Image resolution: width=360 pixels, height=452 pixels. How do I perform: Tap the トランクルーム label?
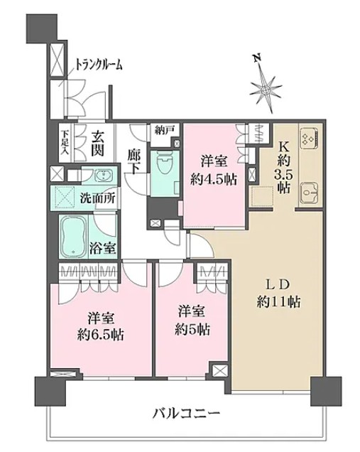tap(99, 65)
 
